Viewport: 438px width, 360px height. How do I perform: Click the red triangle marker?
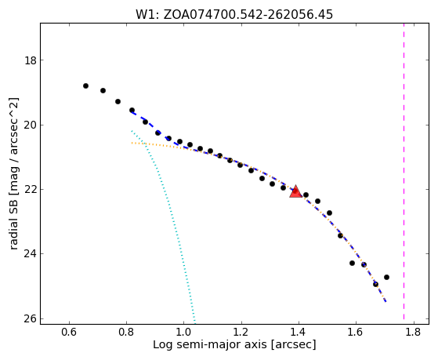point(295,191)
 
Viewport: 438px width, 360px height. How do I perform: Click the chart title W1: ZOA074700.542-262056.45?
point(234,14)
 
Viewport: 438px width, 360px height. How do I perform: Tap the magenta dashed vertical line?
point(404,171)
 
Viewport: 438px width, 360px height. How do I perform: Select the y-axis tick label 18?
point(31,60)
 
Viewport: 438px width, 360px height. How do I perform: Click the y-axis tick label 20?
point(31,125)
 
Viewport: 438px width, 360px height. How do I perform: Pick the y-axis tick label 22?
point(31,190)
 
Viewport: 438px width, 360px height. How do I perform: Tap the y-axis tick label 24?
point(31,254)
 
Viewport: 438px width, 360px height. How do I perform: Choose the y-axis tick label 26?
point(31,319)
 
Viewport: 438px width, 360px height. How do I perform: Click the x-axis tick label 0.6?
point(69,332)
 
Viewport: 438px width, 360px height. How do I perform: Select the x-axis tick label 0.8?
point(126,332)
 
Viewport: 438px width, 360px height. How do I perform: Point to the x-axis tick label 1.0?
point(184,332)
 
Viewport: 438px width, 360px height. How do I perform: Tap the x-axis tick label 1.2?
point(241,332)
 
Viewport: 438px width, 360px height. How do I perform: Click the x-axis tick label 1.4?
point(299,332)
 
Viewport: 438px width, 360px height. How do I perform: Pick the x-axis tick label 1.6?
point(356,332)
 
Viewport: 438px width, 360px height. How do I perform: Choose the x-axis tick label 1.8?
point(413,332)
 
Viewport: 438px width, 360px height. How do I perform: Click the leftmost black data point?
point(85,85)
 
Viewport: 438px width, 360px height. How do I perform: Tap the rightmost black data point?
point(386,277)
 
